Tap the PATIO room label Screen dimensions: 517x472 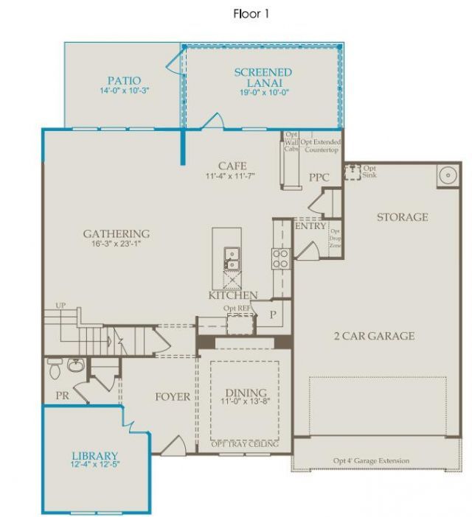tap(124, 80)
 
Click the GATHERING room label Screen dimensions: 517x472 tap(116, 234)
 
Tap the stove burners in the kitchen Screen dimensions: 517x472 tap(280, 258)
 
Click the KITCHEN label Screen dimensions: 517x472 tap(233, 295)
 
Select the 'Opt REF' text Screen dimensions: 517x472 tap(238, 308)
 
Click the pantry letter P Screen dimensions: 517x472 tap(272, 314)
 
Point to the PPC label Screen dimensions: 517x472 tap(319, 177)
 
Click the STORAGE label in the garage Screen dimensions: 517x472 tap(402, 217)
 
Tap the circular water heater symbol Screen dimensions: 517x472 tap(448, 176)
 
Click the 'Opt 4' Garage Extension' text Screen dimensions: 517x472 tap(371, 461)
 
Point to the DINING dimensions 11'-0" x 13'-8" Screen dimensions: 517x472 tap(243, 402)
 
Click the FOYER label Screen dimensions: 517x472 tap(173, 397)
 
